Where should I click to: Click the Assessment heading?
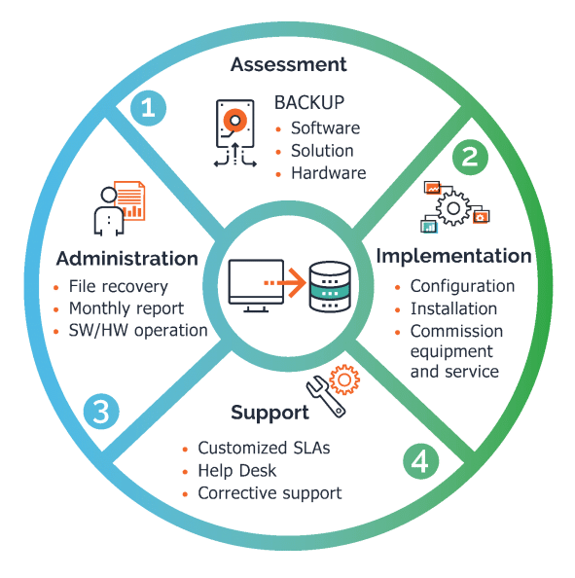(288, 64)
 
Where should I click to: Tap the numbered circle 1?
(148, 108)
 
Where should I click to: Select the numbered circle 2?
(470, 157)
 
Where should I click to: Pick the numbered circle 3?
(101, 412)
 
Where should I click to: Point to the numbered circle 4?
(420, 461)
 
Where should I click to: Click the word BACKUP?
(309, 102)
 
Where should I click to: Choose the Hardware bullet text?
(329, 173)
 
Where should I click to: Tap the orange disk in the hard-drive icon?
(234, 120)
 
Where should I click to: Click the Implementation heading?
(453, 256)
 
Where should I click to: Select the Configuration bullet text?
(462, 286)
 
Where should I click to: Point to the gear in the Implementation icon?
(453, 208)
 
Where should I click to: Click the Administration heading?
(127, 259)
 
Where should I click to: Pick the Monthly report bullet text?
(126, 308)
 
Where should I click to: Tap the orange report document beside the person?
(129, 200)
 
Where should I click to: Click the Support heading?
(270, 413)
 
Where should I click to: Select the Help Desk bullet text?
(237, 471)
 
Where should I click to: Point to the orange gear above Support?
(344, 379)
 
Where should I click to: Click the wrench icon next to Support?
(326, 397)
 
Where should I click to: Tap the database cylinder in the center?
(330, 287)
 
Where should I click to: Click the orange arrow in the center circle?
(285, 283)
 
